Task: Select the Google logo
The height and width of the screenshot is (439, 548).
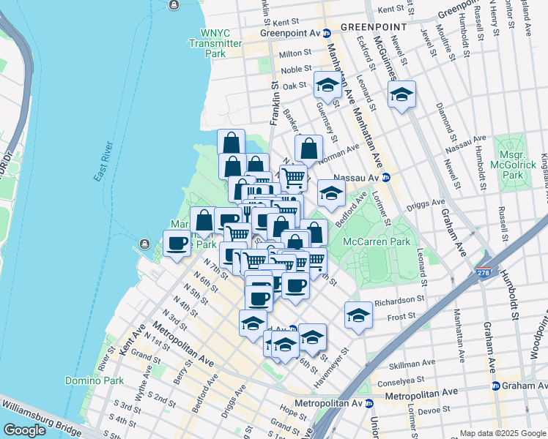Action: [x=25, y=430]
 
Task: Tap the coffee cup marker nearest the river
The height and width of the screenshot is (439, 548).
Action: [x=176, y=243]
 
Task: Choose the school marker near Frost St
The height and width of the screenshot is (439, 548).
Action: [x=358, y=315]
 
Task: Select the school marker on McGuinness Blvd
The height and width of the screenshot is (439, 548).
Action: [x=401, y=94]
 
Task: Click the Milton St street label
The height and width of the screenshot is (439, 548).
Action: [x=296, y=53]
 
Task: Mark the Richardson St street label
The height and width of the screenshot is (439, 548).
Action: [x=400, y=300]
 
